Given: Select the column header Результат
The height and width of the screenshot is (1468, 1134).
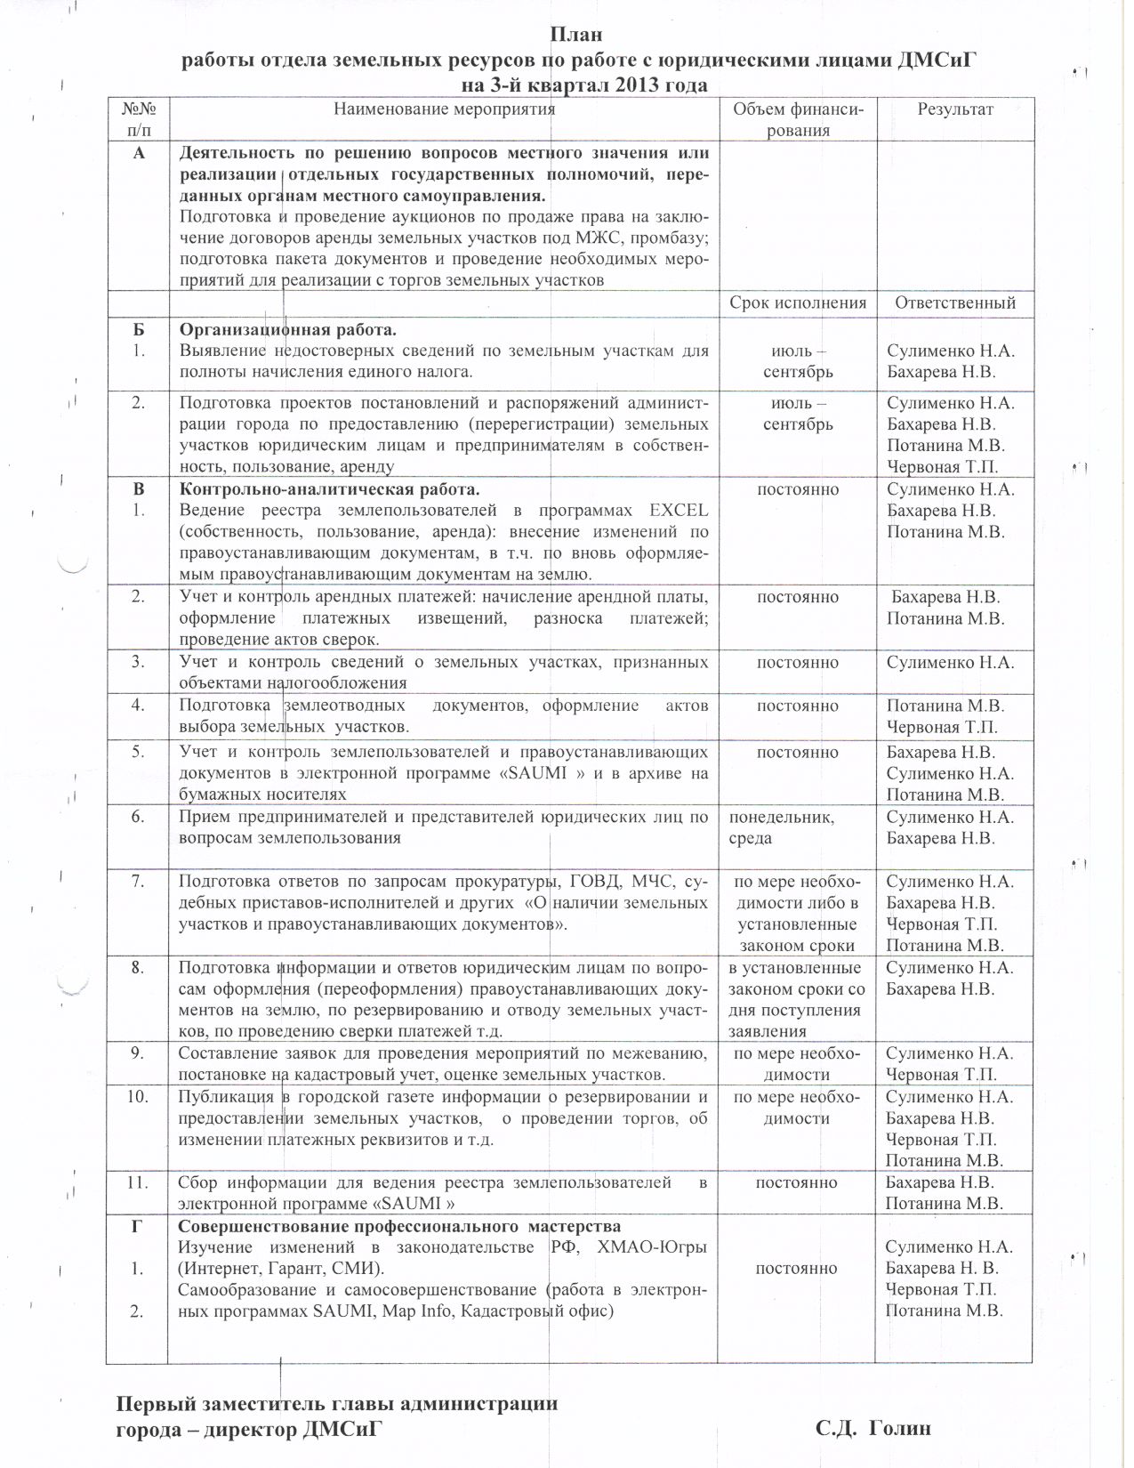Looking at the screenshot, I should tap(954, 109).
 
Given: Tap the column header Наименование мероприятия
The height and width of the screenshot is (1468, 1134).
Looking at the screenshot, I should tap(444, 109).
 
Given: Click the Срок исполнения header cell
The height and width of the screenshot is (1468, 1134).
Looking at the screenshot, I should tap(798, 302).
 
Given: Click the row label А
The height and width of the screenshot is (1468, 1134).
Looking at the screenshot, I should tap(137, 152).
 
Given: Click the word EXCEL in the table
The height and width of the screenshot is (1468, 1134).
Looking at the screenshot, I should tap(679, 511).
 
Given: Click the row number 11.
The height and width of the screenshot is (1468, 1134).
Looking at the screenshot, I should tap(137, 1182).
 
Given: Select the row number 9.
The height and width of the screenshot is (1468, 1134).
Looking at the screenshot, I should tap(138, 1053).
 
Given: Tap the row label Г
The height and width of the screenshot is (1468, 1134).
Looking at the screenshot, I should tap(137, 1226).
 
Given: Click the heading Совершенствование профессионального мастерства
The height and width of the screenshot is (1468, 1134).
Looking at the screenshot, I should tap(399, 1226).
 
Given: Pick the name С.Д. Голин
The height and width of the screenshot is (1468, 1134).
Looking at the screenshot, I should tap(873, 1429).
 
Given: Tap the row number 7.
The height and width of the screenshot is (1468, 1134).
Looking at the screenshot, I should tap(138, 882).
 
